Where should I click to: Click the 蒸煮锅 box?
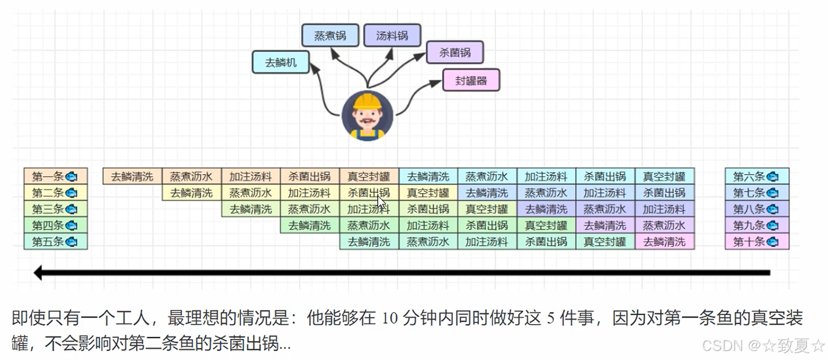pos(330,35)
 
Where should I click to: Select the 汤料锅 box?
pos(392,35)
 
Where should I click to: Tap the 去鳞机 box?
pos(280,62)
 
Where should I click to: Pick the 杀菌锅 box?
pos(454,52)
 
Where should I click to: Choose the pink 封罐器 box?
pos(471,81)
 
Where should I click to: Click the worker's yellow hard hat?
pos(367,101)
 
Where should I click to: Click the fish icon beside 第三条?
pos(71,209)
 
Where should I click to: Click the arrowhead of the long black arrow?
pos(39,273)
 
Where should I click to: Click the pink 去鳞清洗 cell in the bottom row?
pos(664,242)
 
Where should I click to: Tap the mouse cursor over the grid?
pos(381,203)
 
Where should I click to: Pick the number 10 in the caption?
pos(390,318)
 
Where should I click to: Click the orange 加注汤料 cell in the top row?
pos(251,176)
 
